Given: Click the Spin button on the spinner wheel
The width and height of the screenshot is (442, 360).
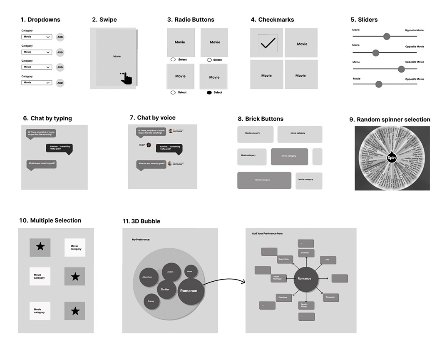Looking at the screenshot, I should (x=392, y=158).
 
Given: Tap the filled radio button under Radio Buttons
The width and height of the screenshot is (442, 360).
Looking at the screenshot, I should (x=209, y=92).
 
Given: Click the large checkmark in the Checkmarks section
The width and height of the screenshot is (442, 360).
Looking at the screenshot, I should (x=267, y=42).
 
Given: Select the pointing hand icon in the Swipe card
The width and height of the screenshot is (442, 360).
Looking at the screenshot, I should (x=126, y=78).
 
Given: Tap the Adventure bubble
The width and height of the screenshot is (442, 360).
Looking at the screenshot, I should (x=147, y=277).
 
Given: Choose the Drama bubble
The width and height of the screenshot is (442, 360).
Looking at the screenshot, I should (x=151, y=301).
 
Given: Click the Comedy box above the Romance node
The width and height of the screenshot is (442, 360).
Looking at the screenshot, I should (x=305, y=252).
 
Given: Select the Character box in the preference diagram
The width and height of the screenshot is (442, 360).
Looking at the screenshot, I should (x=330, y=297).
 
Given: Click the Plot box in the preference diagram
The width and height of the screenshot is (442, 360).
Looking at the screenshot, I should (x=328, y=260).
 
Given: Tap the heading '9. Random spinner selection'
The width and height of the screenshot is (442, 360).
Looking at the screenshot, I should (x=390, y=120).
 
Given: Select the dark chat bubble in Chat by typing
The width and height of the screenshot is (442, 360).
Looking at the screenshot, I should (x=59, y=148).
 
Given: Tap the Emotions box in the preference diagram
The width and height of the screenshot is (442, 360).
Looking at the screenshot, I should (x=283, y=297).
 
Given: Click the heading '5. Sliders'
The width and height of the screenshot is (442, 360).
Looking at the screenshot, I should (x=365, y=20).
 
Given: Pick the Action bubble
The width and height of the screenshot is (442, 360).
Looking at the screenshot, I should (x=171, y=272).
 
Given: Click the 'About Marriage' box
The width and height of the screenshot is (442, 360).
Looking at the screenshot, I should (x=278, y=278).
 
